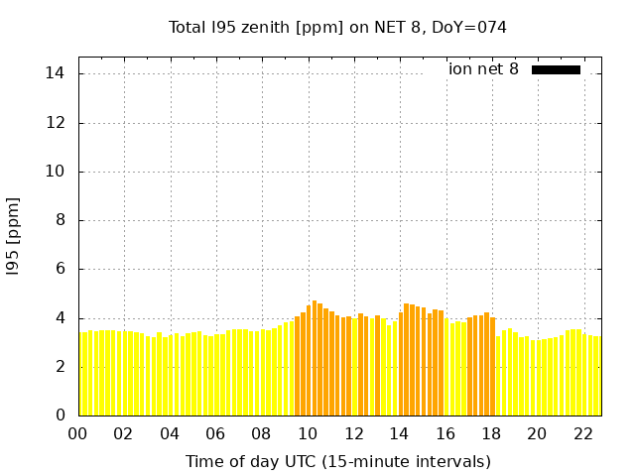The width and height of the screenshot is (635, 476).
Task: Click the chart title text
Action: (x=337, y=28)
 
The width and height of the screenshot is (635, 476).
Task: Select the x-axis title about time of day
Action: (x=337, y=461)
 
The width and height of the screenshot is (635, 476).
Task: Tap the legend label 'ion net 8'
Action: (x=483, y=69)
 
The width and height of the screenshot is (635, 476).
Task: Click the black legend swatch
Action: (x=556, y=69)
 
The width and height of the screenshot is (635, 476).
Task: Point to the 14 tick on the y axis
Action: (x=56, y=73)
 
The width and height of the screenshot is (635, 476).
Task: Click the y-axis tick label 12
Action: (x=56, y=123)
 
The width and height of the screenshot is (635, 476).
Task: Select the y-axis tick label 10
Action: (x=56, y=172)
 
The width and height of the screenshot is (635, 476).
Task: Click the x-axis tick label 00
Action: (x=77, y=434)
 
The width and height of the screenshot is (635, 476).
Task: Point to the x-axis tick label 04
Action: (x=170, y=434)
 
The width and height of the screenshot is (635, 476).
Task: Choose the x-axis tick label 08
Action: (x=261, y=434)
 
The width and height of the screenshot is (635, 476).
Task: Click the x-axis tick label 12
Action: (x=353, y=434)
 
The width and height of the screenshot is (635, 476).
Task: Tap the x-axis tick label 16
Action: (x=444, y=434)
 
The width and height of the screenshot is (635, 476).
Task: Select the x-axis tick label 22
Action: (x=582, y=434)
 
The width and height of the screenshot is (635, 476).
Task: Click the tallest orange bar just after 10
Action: (x=315, y=357)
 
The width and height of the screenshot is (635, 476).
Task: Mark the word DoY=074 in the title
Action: (x=469, y=28)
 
